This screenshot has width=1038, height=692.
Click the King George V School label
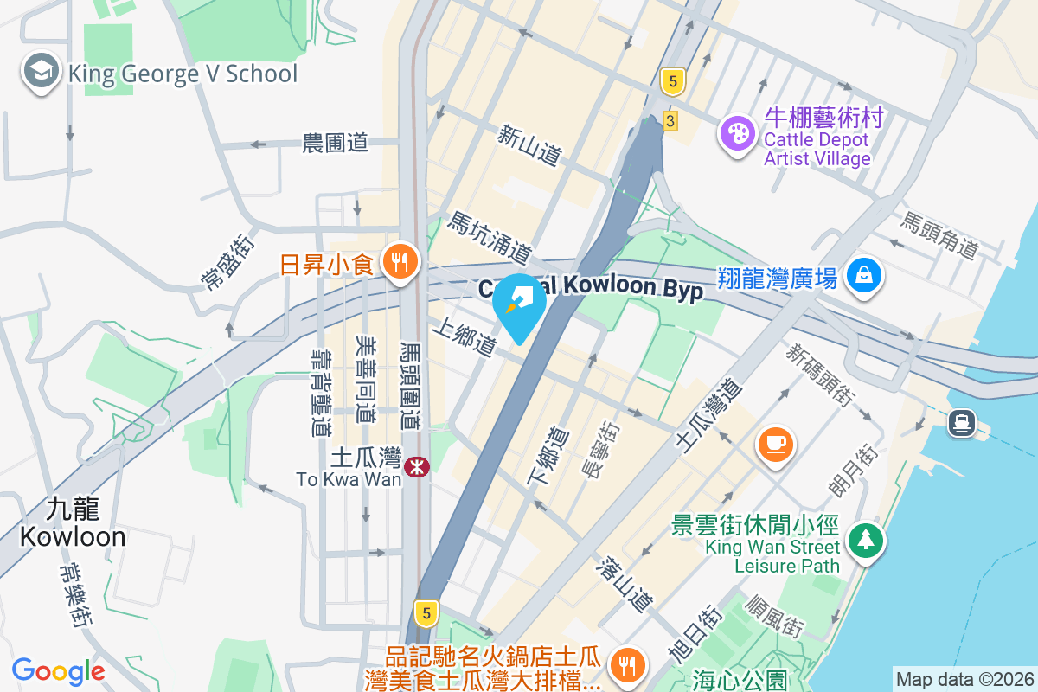[x=183, y=74]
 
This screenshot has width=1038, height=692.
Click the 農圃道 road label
[x=336, y=143]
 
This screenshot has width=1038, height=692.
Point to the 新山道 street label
[x=530, y=144]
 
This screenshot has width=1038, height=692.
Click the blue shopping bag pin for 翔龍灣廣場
[x=864, y=276]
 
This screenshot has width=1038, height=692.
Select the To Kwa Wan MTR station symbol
[x=418, y=467]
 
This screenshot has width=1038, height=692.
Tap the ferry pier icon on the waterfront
[x=961, y=423]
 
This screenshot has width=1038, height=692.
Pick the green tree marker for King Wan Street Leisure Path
[x=864, y=541]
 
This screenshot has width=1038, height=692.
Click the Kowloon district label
[x=73, y=524]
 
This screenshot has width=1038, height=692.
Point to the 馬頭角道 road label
[x=939, y=235]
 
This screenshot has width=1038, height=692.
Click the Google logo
[x=58, y=670]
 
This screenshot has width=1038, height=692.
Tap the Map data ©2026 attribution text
[x=964, y=679]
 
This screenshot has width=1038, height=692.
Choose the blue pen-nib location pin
[x=519, y=304]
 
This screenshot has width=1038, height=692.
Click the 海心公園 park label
[x=739, y=680]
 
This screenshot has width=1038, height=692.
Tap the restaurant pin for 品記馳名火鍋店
[x=624, y=664]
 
